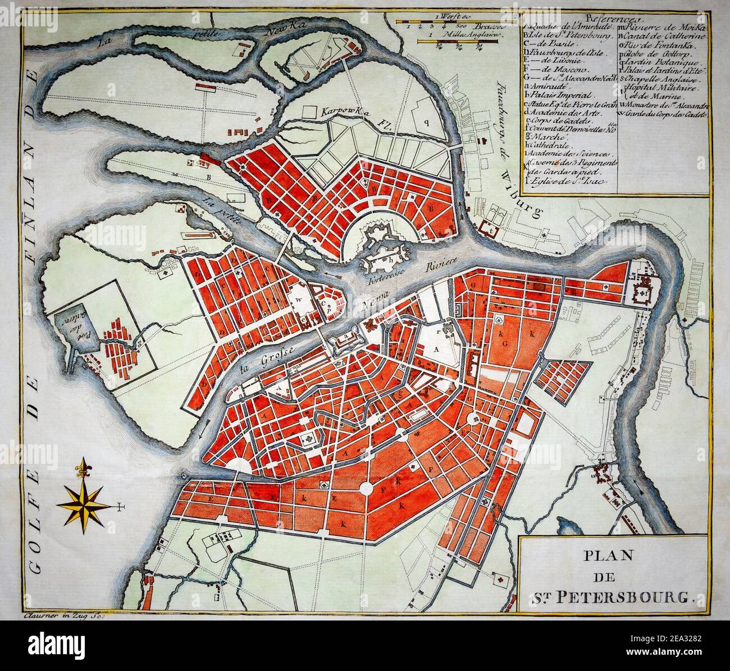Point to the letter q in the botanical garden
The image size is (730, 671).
[426, 120]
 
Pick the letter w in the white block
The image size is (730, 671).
[299, 300]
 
